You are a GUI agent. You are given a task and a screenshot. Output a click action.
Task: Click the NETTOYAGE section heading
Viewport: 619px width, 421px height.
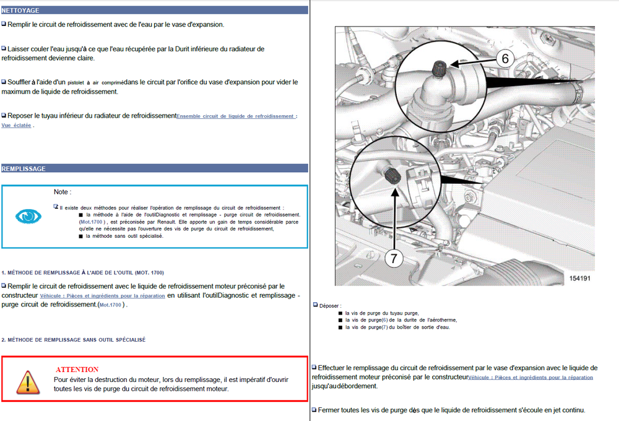pyautogui.click(x=20, y=11)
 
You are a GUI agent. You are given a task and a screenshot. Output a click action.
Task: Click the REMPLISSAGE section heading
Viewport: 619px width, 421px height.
pyautogui.click(x=24, y=168)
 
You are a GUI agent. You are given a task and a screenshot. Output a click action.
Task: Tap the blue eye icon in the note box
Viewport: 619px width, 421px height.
pyautogui.click(x=28, y=216)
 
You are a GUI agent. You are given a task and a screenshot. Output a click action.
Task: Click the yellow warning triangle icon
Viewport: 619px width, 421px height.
pyautogui.click(x=28, y=382)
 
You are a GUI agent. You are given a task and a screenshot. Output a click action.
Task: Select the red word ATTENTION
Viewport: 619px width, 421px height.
pyautogui.click(x=77, y=370)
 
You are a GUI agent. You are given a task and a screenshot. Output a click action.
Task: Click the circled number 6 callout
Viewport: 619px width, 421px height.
pyautogui.click(x=505, y=59)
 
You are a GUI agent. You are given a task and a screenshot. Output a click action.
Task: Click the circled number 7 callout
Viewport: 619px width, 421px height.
pyautogui.click(x=394, y=259)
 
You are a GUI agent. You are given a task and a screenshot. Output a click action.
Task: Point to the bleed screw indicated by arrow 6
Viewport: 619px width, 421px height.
pyautogui.click(x=439, y=69)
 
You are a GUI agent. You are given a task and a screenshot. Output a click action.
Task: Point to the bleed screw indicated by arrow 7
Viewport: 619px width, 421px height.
pyautogui.click(x=392, y=175)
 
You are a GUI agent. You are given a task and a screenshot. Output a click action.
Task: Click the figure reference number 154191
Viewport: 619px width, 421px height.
pyautogui.click(x=579, y=279)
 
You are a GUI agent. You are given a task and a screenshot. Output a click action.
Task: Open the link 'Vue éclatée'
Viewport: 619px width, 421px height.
pyautogui.click(x=16, y=125)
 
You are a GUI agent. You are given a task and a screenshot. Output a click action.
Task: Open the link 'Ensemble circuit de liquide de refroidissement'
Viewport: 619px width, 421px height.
pyautogui.click(x=235, y=116)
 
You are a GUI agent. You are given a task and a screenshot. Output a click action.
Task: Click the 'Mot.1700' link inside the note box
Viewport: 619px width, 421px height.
pyautogui.click(x=91, y=222)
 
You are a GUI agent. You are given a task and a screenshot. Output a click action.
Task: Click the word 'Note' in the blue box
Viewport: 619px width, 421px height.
pyautogui.click(x=61, y=192)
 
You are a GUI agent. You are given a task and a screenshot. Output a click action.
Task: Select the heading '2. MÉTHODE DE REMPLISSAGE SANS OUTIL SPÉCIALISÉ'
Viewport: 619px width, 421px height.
pyautogui.click(x=74, y=340)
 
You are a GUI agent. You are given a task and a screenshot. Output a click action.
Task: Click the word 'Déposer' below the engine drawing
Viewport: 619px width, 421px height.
pyautogui.click(x=329, y=306)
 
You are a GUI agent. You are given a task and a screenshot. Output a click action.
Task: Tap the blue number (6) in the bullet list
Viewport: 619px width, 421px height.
pyautogui.click(x=385, y=320)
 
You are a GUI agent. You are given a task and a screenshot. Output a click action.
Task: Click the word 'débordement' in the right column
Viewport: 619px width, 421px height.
pyautogui.click(x=357, y=386)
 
